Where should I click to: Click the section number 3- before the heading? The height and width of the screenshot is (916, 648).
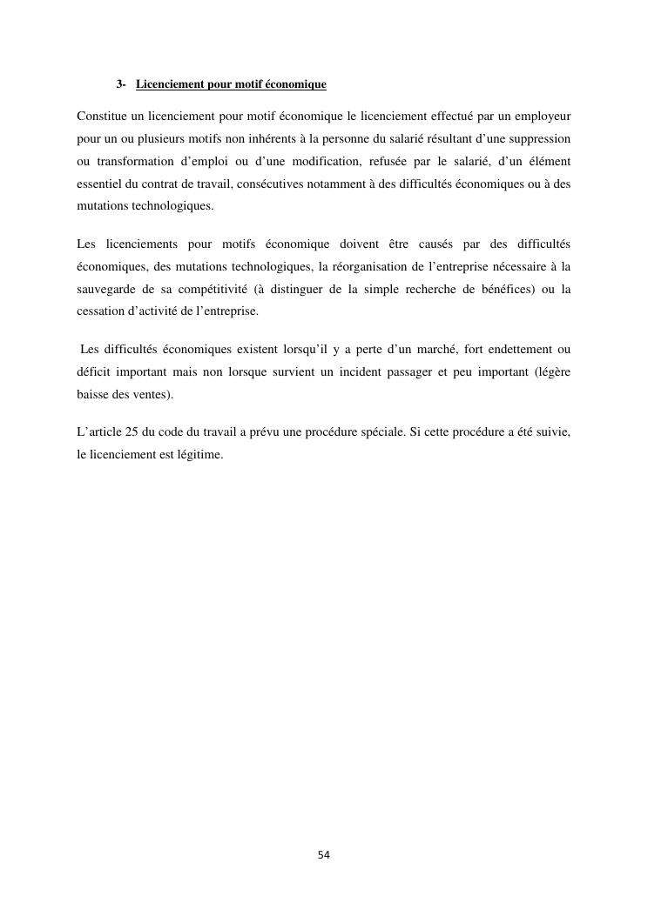tap(121, 84)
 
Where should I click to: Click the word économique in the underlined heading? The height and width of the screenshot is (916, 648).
tap(297, 84)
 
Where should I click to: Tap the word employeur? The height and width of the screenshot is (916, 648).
tap(543, 115)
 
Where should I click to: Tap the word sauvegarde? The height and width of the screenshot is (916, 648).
tap(106, 289)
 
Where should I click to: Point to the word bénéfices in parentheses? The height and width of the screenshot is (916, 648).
tap(496, 289)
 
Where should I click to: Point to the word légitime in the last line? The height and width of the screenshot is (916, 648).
tap(198, 455)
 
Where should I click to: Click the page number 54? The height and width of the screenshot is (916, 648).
tap(324, 855)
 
